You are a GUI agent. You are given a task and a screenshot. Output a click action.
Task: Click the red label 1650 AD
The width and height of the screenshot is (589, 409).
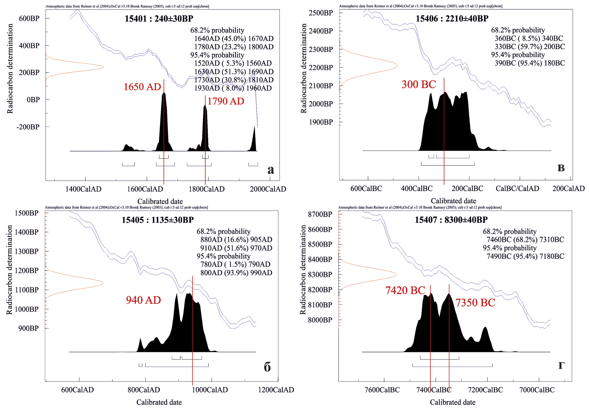142,87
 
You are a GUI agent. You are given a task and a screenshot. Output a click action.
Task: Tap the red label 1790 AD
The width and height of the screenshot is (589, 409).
226,101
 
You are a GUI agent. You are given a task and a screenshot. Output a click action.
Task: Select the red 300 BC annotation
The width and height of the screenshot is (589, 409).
418,84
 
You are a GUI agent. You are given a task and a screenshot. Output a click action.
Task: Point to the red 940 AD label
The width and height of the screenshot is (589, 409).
143,300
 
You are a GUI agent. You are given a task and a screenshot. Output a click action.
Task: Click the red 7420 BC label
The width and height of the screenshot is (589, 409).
405,290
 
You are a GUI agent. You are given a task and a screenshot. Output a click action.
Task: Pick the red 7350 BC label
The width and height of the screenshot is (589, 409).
475,303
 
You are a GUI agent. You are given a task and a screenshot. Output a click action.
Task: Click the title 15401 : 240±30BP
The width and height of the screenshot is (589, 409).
159,19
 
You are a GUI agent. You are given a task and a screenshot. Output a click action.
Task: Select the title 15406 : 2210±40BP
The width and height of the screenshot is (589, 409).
452,18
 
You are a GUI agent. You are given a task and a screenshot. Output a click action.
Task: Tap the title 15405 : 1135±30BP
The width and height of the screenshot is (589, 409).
158,220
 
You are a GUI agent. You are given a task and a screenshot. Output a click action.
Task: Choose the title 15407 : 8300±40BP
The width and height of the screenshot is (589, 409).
451,220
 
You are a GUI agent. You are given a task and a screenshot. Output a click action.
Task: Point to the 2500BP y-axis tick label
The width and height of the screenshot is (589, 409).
321,13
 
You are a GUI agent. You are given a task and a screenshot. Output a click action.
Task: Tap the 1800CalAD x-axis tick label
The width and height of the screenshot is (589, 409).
206,189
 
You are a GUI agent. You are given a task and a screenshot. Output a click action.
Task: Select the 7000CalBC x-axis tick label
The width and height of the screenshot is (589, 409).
537,390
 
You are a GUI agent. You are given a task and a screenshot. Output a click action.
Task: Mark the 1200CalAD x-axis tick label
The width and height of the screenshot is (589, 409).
276,390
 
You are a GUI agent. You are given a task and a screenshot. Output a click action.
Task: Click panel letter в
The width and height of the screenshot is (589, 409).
561,168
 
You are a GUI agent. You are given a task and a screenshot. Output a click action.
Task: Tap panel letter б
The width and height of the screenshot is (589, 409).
267,367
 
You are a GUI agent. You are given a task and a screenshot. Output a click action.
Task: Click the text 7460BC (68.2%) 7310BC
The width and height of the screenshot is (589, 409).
525,240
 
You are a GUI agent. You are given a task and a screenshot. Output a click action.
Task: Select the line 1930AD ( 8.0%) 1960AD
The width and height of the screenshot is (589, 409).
233,88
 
